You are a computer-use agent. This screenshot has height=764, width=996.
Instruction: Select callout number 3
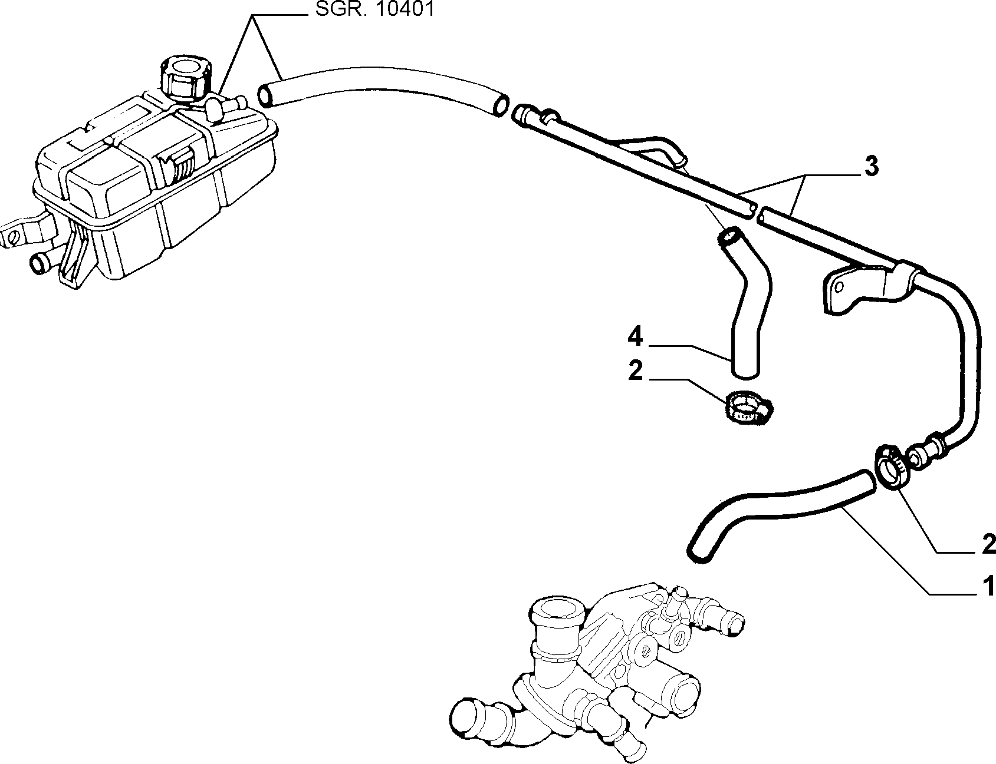click(x=871, y=167)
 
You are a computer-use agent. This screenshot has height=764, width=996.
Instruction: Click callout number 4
click(x=635, y=337)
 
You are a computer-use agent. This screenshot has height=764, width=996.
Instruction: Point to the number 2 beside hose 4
click(x=635, y=372)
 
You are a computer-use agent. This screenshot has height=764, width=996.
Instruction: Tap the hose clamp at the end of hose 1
click(x=892, y=466)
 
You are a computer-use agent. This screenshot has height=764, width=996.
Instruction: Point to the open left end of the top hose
click(x=267, y=95)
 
